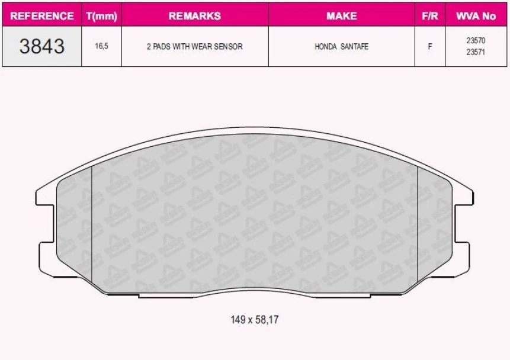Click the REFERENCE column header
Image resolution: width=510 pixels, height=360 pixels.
tap(42, 16)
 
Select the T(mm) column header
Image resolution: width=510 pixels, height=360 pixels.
tap(101, 16)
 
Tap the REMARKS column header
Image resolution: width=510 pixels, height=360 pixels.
tap(194, 16)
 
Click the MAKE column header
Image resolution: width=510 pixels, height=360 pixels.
tap(341, 16)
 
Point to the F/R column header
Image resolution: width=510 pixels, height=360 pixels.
tap(429, 16)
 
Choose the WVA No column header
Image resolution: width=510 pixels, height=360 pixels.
tap(476, 16)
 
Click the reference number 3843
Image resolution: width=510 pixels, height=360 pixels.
tap(42, 46)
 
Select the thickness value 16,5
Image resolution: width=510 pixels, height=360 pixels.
tap(101, 46)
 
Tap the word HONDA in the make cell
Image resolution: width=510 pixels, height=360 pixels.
tap(325, 46)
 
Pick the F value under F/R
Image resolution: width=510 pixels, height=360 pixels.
tap(429, 46)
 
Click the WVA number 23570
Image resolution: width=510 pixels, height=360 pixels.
tap(476, 41)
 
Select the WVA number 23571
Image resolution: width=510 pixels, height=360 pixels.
tap(476, 52)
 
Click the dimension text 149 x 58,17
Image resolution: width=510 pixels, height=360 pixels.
tap(254, 320)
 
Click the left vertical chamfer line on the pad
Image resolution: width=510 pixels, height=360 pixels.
tap(93, 225)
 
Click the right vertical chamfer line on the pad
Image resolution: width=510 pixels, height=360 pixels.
tap(418, 225)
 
